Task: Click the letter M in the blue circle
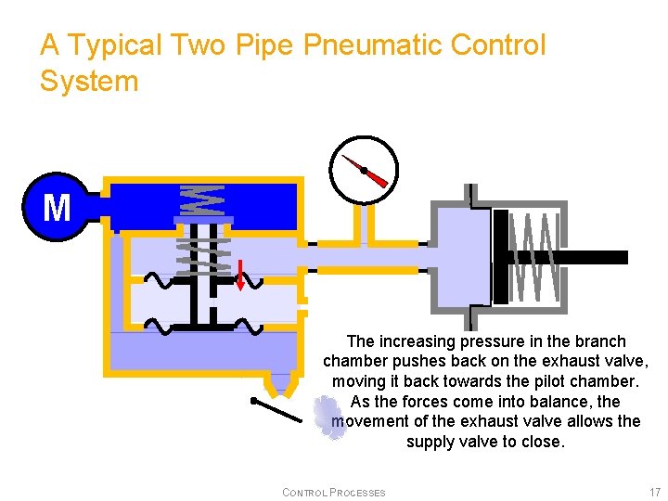(x=57, y=208)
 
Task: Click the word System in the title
(x=89, y=82)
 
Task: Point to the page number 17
(x=655, y=492)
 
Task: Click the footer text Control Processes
(x=333, y=492)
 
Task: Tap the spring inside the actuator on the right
(x=537, y=257)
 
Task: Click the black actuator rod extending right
(x=594, y=257)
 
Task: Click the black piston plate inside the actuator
(x=501, y=257)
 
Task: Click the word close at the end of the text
(x=542, y=442)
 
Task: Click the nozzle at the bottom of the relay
(x=277, y=384)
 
